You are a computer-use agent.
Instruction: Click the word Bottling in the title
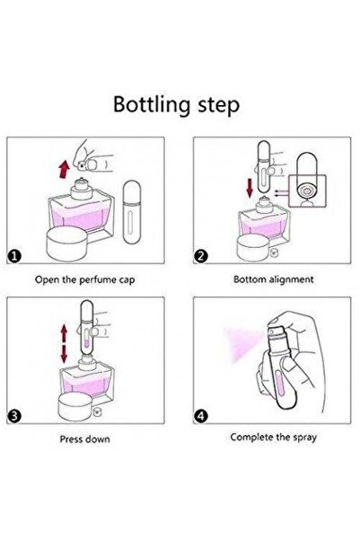pyautogui.click(x=152, y=105)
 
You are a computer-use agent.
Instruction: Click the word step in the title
pyautogui.click(x=218, y=105)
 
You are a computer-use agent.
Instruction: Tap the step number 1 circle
pyautogui.click(x=14, y=256)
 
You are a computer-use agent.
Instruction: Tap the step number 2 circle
pyautogui.click(x=201, y=256)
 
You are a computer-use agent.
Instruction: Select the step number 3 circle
pyautogui.click(x=14, y=416)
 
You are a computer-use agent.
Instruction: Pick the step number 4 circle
pyautogui.click(x=201, y=416)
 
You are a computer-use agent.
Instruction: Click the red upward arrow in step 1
pyautogui.click(x=64, y=170)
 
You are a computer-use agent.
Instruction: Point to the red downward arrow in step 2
pyautogui.click(x=250, y=189)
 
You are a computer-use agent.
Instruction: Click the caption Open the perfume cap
pyautogui.click(x=84, y=279)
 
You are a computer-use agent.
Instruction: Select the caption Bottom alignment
pyautogui.click(x=274, y=279)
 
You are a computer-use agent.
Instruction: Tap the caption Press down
pyautogui.click(x=85, y=439)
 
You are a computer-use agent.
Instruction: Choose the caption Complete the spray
pyautogui.click(x=274, y=438)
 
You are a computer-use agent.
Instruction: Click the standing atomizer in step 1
pyautogui.click(x=132, y=212)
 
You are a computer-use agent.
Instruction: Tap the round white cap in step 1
pyautogui.click(x=67, y=243)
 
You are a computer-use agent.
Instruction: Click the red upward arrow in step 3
pyautogui.click(x=64, y=333)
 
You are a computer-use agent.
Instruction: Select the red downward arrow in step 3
pyautogui.click(x=64, y=354)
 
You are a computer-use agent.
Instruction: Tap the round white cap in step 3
pyautogui.click(x=75, y=408)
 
